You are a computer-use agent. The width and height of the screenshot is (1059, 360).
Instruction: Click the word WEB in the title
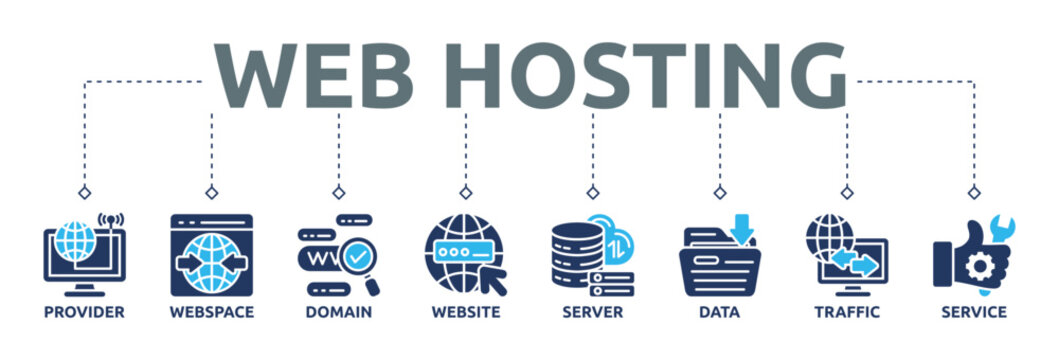[x=313, y=76]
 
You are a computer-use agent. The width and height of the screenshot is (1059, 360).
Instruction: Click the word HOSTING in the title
[x=645, y=76]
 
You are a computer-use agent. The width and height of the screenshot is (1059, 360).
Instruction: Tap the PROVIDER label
[x=84, y=312]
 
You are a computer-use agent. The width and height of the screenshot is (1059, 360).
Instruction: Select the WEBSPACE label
[x=211, y=312]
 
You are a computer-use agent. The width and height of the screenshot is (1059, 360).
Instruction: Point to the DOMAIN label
[x=338, y=312]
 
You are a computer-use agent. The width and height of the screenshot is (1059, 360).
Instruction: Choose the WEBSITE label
[x=466, y=312]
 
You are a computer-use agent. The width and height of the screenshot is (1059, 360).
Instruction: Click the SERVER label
[x=592, y=312]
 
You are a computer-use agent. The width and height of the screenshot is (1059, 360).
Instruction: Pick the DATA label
[x=719, y=312]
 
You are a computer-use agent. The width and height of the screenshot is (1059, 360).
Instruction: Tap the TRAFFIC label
[x=847, y=312]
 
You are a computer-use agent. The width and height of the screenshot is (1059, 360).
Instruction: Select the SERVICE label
[x=974, y=312]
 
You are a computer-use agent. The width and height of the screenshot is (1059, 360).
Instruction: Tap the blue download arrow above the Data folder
[x=742, y=229]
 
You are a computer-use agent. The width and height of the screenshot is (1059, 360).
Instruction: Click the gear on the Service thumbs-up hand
[x=977, y=266]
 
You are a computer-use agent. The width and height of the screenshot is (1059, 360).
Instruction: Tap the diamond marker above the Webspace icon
[x=211, y=192]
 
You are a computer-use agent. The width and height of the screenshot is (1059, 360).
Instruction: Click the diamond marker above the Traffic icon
[x=847, y=192]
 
